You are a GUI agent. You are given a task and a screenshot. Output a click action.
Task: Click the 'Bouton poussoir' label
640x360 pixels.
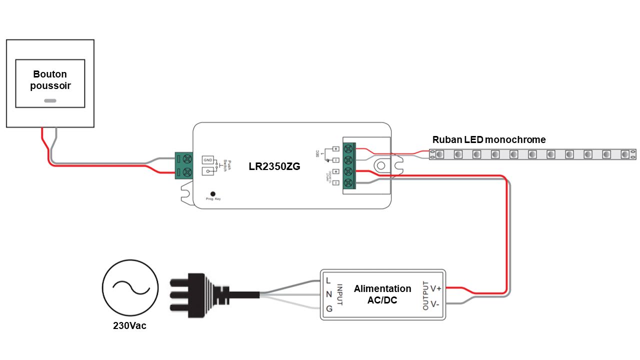point(50,80)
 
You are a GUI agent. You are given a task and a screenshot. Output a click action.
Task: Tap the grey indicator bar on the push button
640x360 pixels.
point(50,100)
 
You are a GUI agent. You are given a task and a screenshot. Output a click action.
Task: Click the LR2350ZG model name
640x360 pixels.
point(274,166)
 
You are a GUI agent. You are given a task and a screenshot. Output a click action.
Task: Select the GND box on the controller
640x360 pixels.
point(208,160)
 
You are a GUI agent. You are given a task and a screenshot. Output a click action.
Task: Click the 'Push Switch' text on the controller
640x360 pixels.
point(225,165)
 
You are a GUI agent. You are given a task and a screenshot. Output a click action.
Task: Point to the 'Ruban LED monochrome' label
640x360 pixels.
point(489,140)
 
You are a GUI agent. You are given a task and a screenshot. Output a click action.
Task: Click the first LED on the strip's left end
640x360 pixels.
point(440,154)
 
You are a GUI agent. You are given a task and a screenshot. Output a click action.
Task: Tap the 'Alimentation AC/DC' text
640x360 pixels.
point(382,294)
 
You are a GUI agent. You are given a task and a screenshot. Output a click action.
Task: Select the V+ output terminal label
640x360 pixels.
point(436,288)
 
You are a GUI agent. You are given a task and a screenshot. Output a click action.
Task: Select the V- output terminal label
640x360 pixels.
point(435,303)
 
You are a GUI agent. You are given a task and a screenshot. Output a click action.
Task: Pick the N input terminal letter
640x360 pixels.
point(328,294)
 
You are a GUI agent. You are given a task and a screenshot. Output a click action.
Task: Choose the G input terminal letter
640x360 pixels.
point(329,308)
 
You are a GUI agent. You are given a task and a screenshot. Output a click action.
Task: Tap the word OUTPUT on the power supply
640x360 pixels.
point(425,295)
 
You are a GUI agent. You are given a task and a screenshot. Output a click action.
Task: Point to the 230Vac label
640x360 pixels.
point(129,326)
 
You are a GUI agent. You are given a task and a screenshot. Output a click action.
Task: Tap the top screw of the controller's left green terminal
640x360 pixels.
point(187,159)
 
